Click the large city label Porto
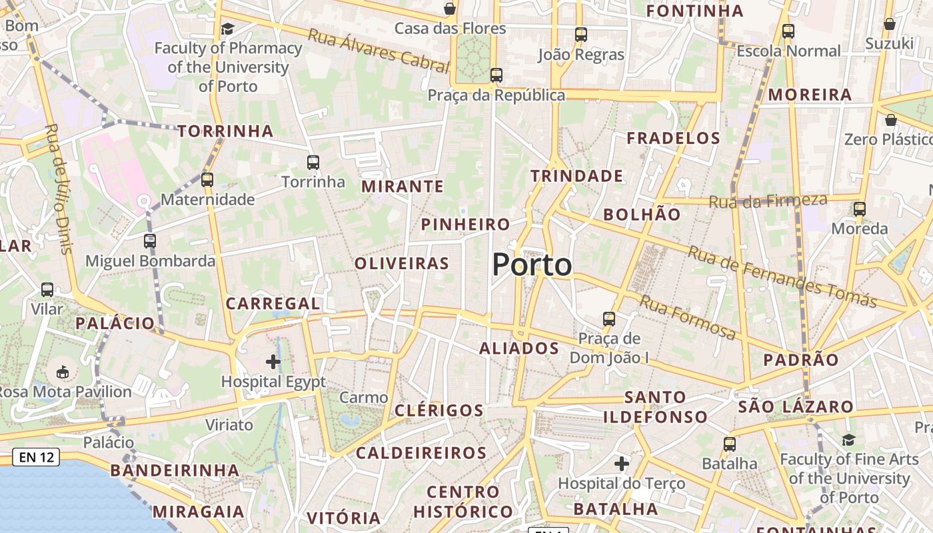point(532,265)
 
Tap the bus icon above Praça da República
point(496,75)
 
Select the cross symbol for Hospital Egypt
point(273,362)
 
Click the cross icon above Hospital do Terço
point(622,463)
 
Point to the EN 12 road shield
point(36,457)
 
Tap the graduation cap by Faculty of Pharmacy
point(228,29)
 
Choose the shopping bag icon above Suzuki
point(889,25)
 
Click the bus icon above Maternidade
point(207,179)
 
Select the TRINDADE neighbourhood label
point(577,177)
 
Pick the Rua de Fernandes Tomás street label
point(782,277)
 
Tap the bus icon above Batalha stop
point(730,444)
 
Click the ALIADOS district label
point(519,348)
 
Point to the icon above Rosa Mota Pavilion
point(63,372)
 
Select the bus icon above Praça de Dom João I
point(608,318)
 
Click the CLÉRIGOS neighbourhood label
point(439,410)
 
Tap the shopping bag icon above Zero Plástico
point(890,120)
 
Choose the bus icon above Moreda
point(860,209)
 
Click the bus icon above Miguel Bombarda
point(150,241)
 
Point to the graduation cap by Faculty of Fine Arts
point(848,440)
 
